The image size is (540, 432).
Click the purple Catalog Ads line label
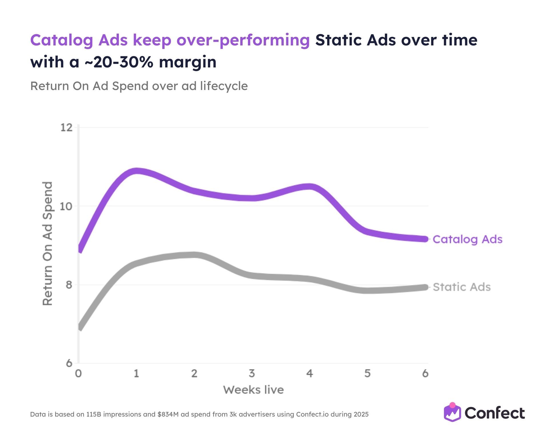point(467,239)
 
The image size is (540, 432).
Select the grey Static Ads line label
point(461,287)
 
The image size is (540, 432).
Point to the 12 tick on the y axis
point(67,127)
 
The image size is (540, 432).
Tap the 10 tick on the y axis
point(66,206)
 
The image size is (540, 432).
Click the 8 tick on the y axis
point(69,285)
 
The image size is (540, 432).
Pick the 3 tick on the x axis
point(252,373)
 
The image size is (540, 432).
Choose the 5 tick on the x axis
point(367,373)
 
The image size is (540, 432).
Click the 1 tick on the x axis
point(136,373)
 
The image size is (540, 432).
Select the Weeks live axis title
point(253,390)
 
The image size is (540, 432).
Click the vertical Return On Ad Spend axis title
point(47,243)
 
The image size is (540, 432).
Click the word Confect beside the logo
point(495,413)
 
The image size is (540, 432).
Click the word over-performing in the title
point(243,40)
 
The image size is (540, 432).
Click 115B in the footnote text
point(94,414)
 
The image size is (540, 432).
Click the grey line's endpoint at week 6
point(425,287)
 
